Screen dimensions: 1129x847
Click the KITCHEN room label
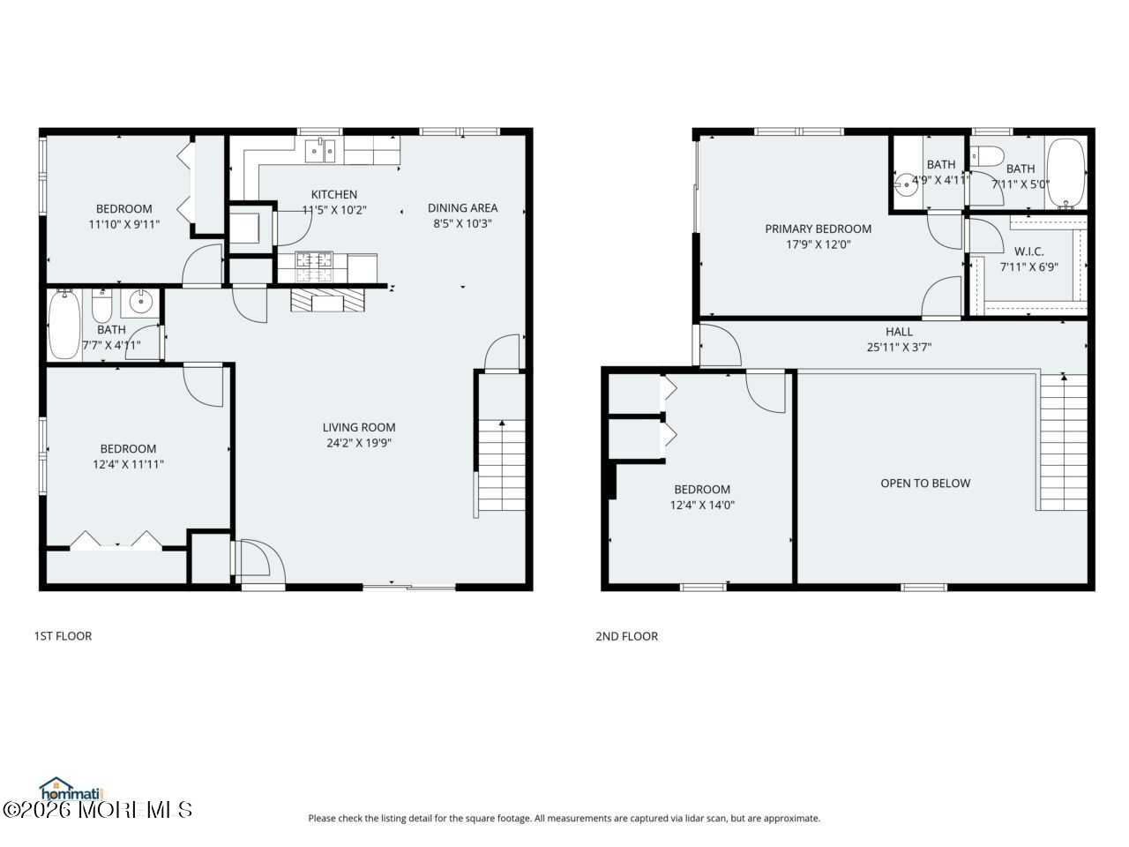click(333, 194)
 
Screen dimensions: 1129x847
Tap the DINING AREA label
click(462, 207)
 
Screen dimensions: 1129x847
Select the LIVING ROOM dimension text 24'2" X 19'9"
click(359, 443)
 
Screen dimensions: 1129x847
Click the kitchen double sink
click(320, 151)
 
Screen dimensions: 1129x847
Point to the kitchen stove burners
click(314, 267)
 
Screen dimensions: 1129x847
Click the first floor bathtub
click(64, 325)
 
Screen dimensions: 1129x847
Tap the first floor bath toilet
click(101, 305)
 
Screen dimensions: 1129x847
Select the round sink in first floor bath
click(140, 302)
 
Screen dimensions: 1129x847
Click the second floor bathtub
click(1065, 173)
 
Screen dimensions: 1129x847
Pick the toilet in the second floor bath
click(987, 156)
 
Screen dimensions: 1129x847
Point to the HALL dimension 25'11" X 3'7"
click(899, 347)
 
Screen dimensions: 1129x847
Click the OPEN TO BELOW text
click(925, 483)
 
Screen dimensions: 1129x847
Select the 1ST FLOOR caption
click(63, 635)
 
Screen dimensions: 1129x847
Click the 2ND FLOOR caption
click(626, 636)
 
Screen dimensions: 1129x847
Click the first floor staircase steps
click(502, 465)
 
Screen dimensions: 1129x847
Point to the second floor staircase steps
click(1064, 442)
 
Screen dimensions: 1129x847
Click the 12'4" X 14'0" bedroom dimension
click(702, 505)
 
